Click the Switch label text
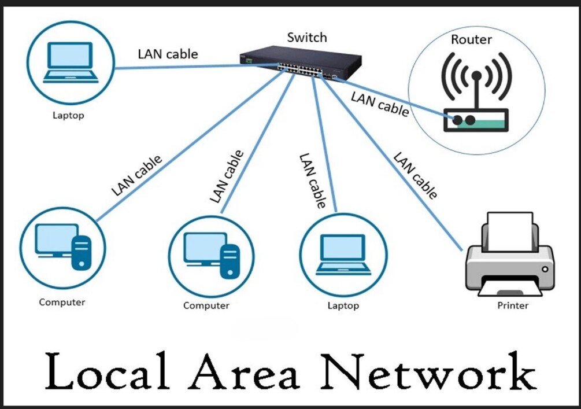coord(307,38)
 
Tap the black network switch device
coord(301,66)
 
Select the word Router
coord(471,40)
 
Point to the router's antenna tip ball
coord(476,76)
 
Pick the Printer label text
coord(513,305)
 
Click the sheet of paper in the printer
coord(510,231)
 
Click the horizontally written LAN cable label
coord(168,54)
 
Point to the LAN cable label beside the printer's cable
coord(415,175)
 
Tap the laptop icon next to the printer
coord(343,255)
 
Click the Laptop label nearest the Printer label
coord(343,305)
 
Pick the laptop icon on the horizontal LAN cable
coord(69,62)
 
